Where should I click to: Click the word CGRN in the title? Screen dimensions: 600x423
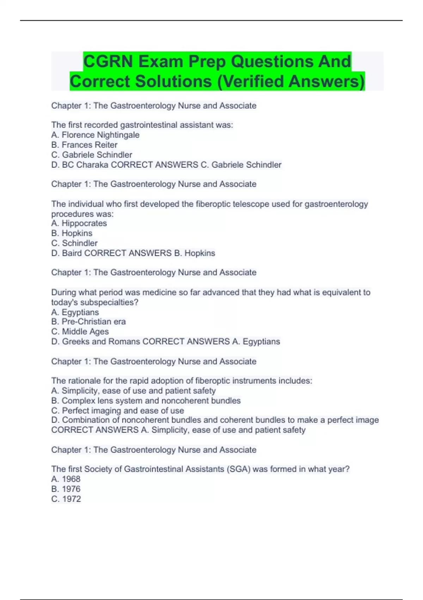(109, 61)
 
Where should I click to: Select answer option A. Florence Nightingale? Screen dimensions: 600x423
(95, 135)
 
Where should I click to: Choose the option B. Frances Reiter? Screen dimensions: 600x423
(84, 145)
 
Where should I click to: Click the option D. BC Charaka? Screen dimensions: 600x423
(80, 165)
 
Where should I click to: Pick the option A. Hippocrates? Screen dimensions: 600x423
(79, 223)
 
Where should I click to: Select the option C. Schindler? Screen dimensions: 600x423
(74, 243)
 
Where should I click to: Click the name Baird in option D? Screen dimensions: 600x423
(72, 253)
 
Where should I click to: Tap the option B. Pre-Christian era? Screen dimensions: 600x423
(88, 322)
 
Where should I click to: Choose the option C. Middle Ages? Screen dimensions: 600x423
(80, 331)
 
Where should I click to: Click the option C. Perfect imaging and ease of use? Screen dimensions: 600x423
(118, 410)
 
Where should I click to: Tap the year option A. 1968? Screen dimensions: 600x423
(66, 479)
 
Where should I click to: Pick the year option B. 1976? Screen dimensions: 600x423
(66, 489)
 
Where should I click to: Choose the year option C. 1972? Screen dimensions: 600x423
(66, 499)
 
